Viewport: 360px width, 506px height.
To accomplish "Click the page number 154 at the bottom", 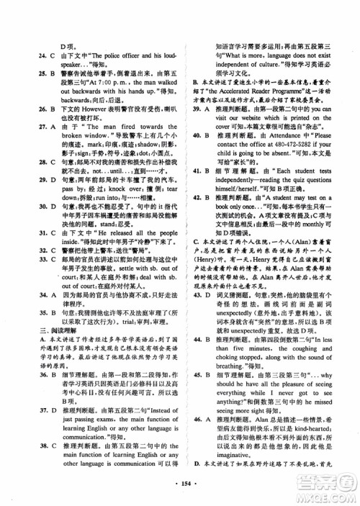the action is tap(180, 479).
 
